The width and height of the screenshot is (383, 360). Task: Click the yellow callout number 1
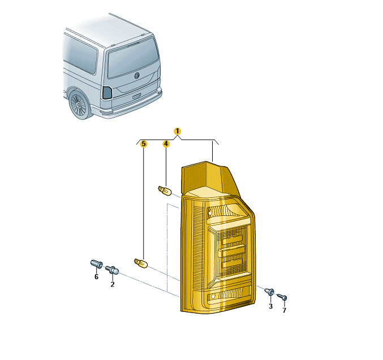[x=177, y=131]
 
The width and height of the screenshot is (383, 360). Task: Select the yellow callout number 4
[x=166, y=144]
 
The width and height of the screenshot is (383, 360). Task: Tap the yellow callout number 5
[x=144, y=144]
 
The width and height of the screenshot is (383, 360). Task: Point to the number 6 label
[x=97, y=277]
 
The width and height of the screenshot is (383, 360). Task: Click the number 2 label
[x=113, y=284]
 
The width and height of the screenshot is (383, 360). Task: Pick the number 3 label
[x=270, y=306]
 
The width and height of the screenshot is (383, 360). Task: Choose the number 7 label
[x=285, y=310]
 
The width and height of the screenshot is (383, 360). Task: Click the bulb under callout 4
[x=165, y=190]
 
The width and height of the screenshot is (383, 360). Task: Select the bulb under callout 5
[x=141, y=263]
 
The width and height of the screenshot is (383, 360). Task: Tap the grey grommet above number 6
[x=97, y=263]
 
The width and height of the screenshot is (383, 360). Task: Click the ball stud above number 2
[x=113, y=270]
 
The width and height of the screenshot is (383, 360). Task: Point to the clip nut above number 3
[x=270, y=292]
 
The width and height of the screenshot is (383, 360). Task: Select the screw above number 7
[x=282, y=297]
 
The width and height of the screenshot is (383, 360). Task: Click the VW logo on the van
[x=137, y=75]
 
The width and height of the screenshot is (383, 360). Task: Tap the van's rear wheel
[x=79, y=105]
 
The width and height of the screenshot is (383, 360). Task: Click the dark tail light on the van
[x=107, y=93]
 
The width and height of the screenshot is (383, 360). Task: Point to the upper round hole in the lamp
[x=210, y=213]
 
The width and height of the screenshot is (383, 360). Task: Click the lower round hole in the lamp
[x=213, y=296]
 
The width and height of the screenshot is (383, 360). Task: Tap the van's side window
[x=80, y=54]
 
